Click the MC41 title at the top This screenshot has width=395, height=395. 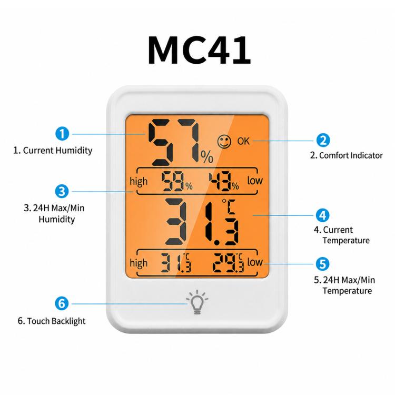[199, 50]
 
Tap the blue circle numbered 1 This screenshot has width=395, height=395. [62, 134]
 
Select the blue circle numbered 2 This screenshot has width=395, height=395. [323, 140]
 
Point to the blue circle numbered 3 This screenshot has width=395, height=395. [62, 191]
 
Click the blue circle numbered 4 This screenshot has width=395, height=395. [322, 215]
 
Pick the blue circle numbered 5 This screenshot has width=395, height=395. [322, 264]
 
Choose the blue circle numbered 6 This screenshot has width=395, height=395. [62, 303]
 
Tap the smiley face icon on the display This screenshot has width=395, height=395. [224, 142]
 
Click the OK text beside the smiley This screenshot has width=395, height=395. [243, 141]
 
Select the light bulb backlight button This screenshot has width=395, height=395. [197, 302]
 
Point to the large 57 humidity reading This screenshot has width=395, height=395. [174, 142]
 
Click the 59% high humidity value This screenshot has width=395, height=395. [177, 181]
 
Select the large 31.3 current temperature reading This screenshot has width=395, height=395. [202, 222]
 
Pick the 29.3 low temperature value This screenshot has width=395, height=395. [228, 263]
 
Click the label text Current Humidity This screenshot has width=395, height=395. [57, 151]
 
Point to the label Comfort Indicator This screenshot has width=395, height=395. [351, 155]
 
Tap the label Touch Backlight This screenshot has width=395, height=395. [56, 321]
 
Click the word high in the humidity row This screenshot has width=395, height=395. [139, 182]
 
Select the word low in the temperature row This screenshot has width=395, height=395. [255, 262]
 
